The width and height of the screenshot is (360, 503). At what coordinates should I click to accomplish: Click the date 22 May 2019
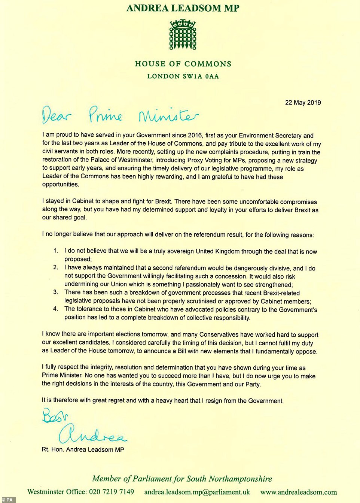click(303, 103)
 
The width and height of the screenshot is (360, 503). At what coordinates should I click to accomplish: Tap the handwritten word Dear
click(56, 115)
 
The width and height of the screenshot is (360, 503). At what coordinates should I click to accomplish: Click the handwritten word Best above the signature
click(55, 415)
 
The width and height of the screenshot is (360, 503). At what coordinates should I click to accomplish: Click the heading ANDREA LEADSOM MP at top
click(183, 8)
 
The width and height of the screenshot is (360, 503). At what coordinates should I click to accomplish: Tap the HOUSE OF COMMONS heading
click(183, 64)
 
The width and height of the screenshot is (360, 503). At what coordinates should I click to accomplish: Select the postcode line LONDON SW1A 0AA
click(183, 76)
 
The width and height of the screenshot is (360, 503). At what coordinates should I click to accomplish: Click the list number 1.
click(56, 251)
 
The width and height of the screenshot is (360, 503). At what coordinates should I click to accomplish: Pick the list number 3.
click(56, 292)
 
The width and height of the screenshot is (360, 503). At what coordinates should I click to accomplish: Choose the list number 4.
click(56, 309)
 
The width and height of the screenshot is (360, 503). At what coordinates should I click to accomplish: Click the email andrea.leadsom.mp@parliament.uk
click(197, 492)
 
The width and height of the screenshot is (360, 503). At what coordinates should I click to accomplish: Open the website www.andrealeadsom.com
click(298, 492)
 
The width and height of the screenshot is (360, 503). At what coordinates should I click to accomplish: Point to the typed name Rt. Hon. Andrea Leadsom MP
click(83, 449)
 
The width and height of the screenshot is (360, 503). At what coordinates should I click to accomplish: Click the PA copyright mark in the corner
click(7, 500)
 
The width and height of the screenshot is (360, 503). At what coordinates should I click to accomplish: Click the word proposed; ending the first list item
click(78, 259)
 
